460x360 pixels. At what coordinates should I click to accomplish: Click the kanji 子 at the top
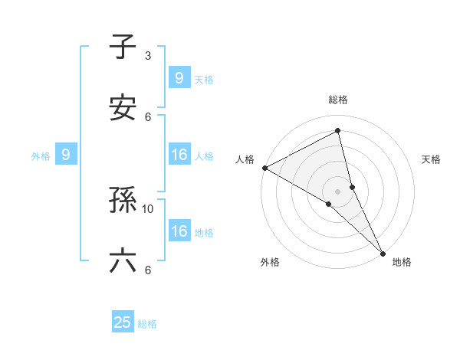123,48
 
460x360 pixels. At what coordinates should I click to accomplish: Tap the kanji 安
123,107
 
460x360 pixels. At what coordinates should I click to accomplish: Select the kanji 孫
123,201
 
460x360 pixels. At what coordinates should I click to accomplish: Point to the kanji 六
123,260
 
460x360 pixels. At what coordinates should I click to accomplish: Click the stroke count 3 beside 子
148,56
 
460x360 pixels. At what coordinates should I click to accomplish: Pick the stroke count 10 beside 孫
148,208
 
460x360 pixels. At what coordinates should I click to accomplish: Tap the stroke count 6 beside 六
148,270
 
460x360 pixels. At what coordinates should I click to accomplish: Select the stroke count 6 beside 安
148,116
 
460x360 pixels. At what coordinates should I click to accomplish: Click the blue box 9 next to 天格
179,77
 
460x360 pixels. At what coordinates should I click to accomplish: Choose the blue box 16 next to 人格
179,155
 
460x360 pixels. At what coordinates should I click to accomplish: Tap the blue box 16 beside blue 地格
179,231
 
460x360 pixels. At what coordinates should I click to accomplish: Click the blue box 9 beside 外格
66,155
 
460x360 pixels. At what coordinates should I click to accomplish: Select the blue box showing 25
123,322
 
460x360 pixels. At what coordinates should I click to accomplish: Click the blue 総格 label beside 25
147,324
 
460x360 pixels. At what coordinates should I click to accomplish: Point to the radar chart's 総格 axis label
338,100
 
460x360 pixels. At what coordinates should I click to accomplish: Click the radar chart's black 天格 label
431,159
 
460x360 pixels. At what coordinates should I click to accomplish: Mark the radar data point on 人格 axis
264,168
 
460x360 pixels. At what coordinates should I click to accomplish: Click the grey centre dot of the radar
338,190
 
